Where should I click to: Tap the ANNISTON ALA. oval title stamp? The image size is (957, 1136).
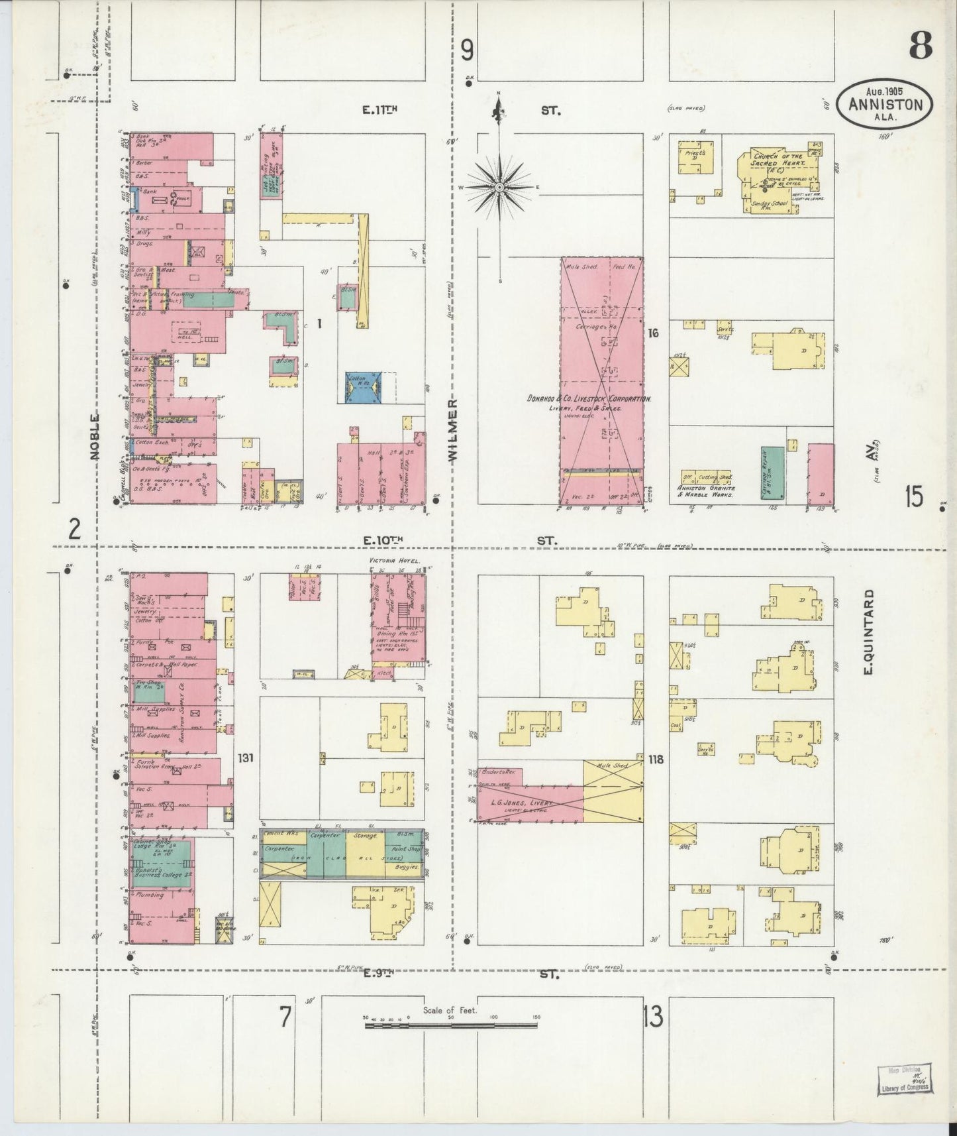coord(885,105)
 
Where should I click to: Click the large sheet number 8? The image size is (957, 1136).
coord(920,46)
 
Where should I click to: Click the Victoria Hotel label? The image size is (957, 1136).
coord(395,561)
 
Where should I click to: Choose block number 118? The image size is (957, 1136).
coord(656,759)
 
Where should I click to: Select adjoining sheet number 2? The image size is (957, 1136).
coord(75,528)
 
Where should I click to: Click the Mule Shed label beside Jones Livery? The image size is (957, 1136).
coord(613,766)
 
